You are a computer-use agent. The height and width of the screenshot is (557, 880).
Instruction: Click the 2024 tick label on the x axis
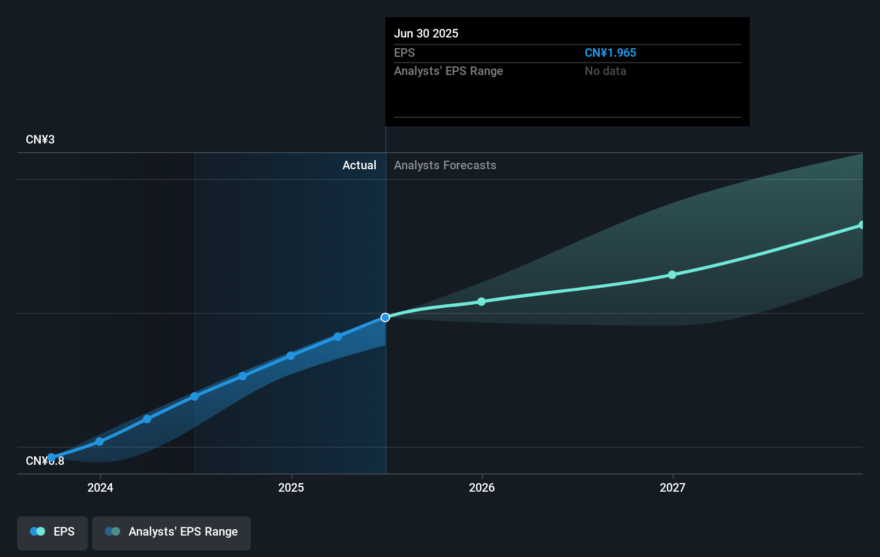point(100,487)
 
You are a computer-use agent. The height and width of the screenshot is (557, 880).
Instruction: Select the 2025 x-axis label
point(291,487)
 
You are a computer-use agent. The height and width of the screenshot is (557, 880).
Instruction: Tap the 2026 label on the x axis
point(482,487)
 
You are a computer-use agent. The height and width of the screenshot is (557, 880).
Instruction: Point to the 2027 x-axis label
point(673,487)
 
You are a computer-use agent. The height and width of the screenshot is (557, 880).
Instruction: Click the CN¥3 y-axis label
point(40,140)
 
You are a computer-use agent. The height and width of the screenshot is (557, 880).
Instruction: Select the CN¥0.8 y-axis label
point(45,461)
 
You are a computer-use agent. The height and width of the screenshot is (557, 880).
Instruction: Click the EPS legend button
point(53,532)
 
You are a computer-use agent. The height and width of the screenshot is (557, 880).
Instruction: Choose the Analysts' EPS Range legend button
point(171,532)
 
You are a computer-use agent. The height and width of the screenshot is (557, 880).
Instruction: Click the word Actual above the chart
point(359,165)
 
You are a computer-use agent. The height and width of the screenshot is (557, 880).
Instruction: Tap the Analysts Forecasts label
point(445,165)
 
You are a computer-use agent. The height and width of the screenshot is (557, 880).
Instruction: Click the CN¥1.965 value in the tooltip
point(610,53)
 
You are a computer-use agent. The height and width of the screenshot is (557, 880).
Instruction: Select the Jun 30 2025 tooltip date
point(426,34)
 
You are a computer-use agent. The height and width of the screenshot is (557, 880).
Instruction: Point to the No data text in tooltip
point(605,71)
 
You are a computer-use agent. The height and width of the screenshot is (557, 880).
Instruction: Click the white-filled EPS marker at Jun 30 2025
point(385,318)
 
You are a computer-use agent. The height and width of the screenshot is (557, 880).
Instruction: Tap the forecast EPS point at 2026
point(481,302)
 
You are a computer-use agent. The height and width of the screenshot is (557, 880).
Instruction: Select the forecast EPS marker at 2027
point(672,275)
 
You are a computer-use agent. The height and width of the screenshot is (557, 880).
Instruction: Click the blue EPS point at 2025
point(290,356)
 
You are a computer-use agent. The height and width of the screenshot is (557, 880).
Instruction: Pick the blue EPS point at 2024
point(100,441)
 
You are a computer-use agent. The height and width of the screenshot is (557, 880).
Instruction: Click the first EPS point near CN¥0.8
point(51,458)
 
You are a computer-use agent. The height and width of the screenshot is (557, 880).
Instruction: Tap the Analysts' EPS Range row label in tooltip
point(448,71)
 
